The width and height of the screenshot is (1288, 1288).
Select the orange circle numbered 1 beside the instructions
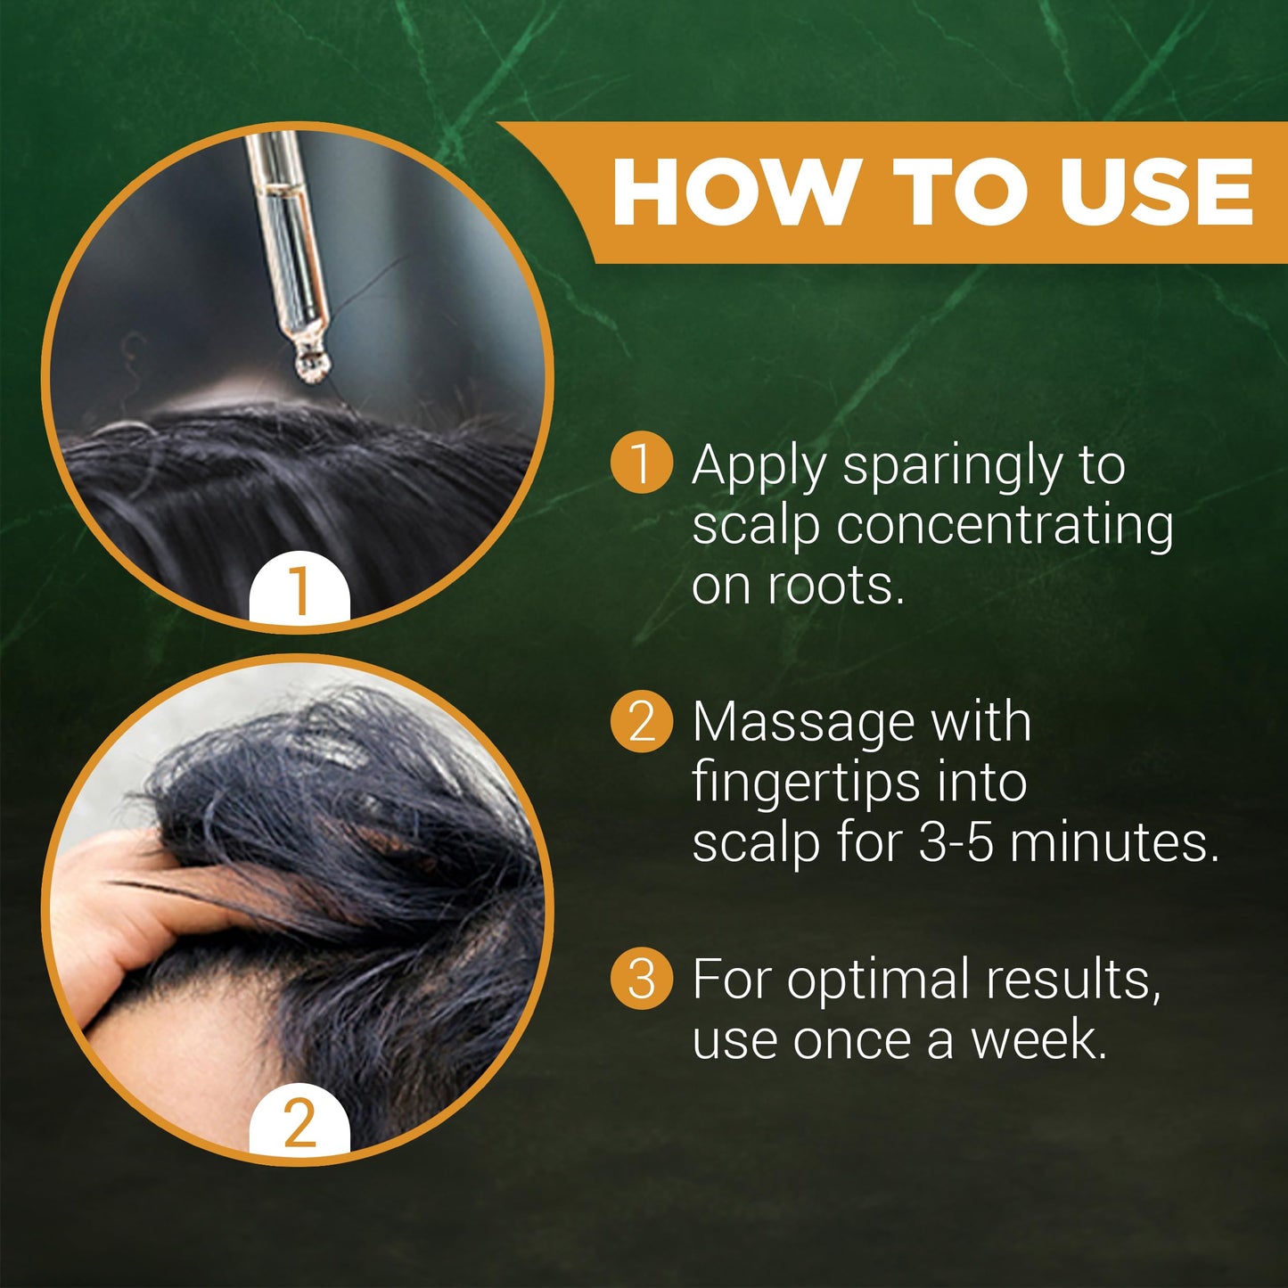641,462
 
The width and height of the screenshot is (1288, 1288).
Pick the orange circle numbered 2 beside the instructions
641,721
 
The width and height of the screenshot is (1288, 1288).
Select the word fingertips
807,784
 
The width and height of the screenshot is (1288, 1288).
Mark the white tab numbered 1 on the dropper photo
299,589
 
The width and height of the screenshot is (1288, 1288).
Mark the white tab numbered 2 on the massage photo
299,1121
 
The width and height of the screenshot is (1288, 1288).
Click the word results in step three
1074,980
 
